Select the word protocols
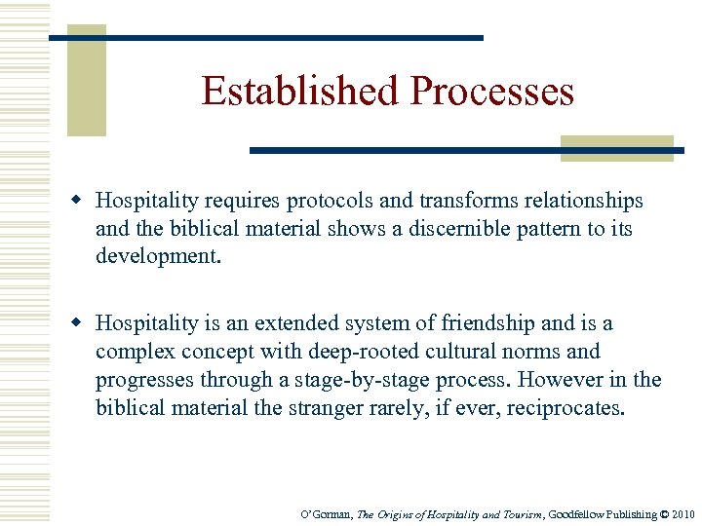click(330, 202)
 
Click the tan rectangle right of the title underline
click(616, 148)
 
